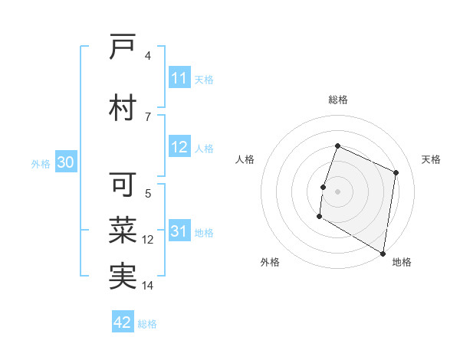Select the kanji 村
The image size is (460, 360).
click(x=123, y=107)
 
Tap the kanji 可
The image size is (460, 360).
click(x=123, y=185)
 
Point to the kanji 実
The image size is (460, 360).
click(x=123, y=275)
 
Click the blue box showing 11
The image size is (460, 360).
click(x=179, y=78)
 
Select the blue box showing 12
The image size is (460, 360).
click(x=179, y=148)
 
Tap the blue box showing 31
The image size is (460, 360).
click(x=179, y=232)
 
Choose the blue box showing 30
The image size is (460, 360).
click(x=65, y=162)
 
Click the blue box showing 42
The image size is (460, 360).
click(x=123, y=322)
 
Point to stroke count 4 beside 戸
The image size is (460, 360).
click(x=148, y=56)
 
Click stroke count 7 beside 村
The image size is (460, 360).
click(x=148, y=116)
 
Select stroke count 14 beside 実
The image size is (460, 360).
click(x=148, y=286)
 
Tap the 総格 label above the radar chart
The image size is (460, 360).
click(x=337, y=100)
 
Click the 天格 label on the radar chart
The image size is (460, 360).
click(x=432, y=159)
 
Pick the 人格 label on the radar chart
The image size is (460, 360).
click(x=245, y=159)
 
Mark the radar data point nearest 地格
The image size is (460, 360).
click(x=383, y=253)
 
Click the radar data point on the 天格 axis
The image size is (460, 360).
click(x=396, y=172)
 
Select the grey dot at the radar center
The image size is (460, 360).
click(x=337, y=191)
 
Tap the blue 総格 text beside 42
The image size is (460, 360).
click(x=147, y=324)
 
